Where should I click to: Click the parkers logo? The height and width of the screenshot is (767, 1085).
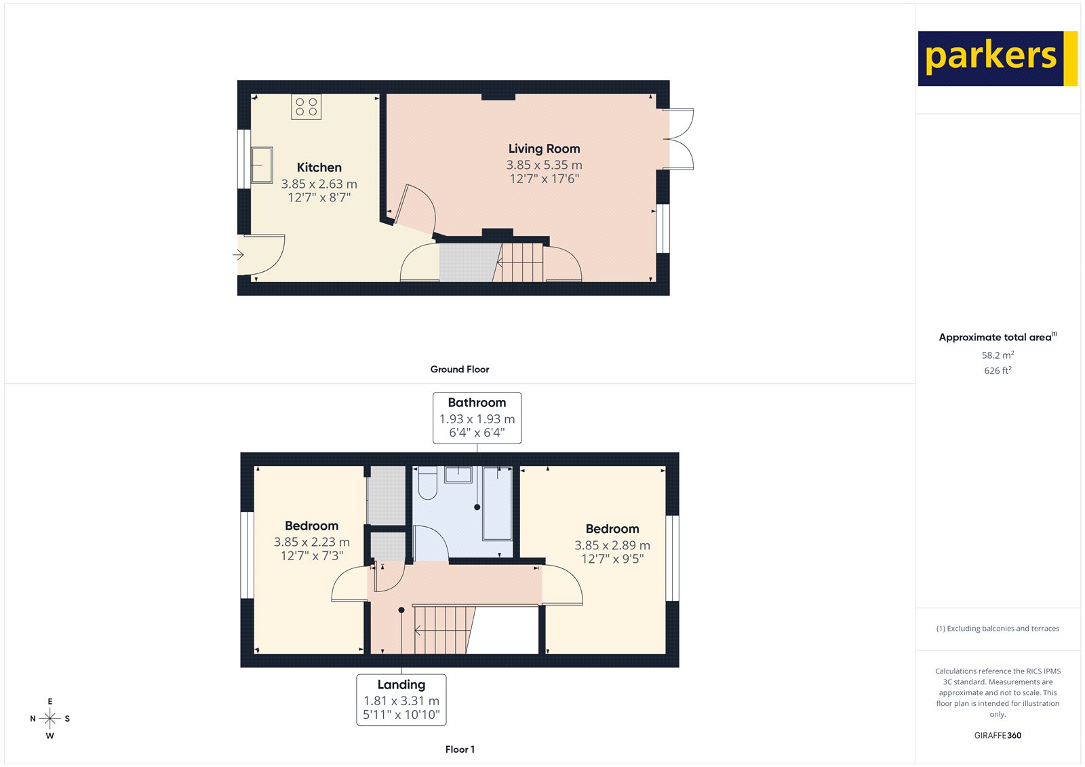coord(997,58)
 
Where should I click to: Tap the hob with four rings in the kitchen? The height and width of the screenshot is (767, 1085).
coord(306,107)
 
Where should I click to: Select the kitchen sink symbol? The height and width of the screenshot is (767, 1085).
coord(262,165)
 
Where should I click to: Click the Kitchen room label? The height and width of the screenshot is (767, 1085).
coord(319,168)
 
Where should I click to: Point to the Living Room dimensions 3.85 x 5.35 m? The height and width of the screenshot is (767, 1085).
coord(544,165)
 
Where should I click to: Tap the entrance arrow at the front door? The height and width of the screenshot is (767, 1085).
coord(238,255)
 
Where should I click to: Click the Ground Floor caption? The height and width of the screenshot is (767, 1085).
coord(459,370)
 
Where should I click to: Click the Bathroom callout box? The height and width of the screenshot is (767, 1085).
coord(477,418)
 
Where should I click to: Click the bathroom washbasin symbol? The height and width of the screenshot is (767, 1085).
coord(458,473)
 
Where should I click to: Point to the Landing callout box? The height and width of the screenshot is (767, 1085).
coord(401,699)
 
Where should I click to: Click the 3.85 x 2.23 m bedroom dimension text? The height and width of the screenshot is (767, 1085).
coord(311,543)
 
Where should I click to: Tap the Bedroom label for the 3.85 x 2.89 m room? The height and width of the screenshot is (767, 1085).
coord(612,529)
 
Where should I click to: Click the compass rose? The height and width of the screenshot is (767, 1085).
coord(50,718)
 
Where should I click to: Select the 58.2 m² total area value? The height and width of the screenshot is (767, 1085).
coord(998,355)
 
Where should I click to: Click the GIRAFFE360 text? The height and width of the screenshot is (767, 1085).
coord(998,735)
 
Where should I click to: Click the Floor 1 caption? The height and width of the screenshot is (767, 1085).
coord(460,749)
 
